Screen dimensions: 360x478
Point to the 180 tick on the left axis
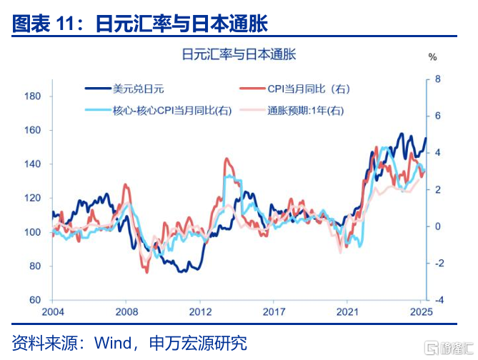tap(33, 96)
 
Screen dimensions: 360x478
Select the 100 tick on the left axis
tap(33, 232)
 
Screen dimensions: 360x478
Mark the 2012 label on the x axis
tap(201, 312)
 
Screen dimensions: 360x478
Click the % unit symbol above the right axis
tap(432, 56)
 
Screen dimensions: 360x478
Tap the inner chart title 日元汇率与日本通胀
tap(239, 53)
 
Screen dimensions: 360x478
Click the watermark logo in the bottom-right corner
tap(448, 346)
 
